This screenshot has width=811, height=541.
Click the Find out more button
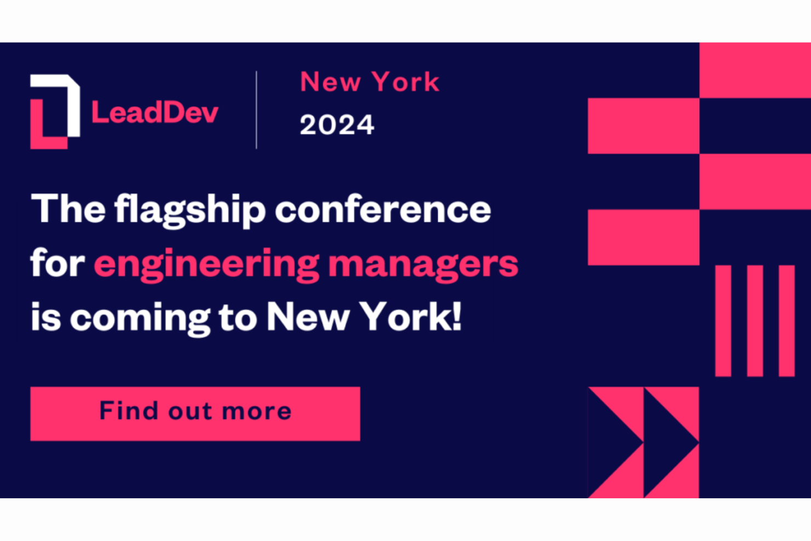pyautogui.click(x=195, y=413)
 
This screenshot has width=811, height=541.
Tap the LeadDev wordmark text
pyautogui.click(x=155, y=112)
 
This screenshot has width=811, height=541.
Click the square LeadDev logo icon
pyautogui.click(x=55, y=111)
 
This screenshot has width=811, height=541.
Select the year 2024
pyautogui.click(x=336, y=125)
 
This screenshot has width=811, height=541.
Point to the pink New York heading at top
pyautogui.click(x=370, y=82)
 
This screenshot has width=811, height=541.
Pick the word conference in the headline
pyautogui.click(x=382, y=209)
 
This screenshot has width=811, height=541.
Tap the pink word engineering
pyautogui.click(x=206, y=264)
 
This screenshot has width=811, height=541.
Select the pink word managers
pyautogui.click(x=423, y=264)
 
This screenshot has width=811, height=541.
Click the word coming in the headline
pyautogui.click(x=140, y=318)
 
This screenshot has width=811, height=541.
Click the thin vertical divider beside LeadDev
pyautogui.click(x=256, y=110)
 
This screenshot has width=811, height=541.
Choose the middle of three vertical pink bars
pyautogui.click(x=755, y=321)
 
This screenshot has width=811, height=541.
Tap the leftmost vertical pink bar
pyautogui.click(x=723, y=321)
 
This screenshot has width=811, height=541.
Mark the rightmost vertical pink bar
pyautogui.click(x=786, y=321)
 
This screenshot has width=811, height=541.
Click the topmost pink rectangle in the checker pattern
pyautogui.click(x=755, y=70)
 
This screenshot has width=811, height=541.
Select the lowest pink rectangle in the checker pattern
pyautogui.click(x=643, y=237)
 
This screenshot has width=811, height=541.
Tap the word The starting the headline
pyautogui.click(x=68, y=209)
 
